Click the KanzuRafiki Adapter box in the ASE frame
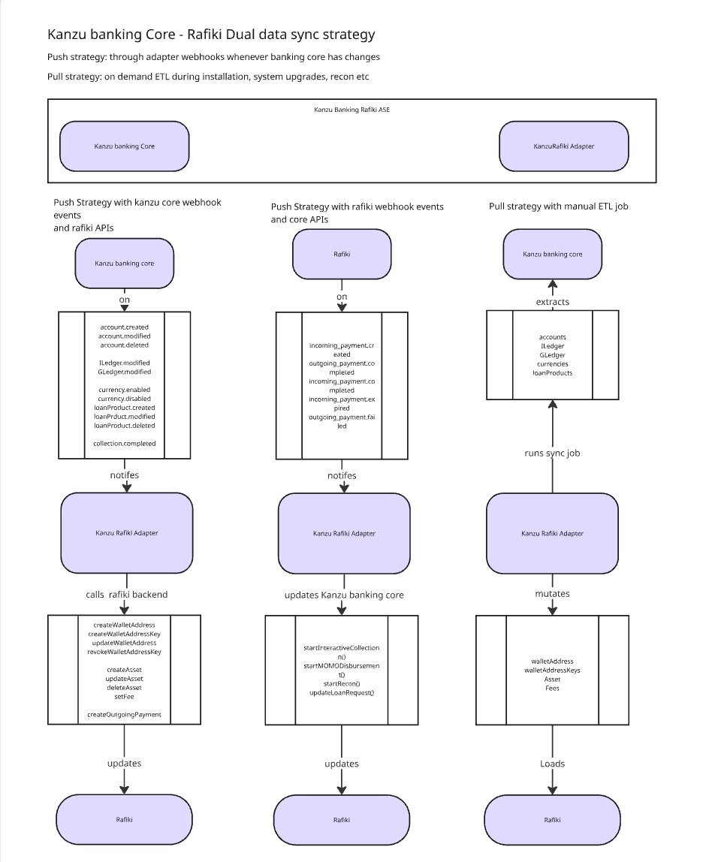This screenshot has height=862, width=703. (x=564, y=146)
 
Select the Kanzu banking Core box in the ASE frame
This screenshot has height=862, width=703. (x=125, y=146)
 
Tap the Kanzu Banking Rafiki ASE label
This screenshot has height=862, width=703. (x=352, y=110)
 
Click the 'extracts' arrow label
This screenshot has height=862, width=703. (x=552, y=302)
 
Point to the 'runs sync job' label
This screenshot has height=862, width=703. (x=552, y=453)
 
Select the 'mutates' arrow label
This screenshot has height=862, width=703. (x=552, y=594)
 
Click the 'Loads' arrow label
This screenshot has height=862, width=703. (x=552, y=764)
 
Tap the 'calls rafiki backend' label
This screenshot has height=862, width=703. (x=126, y=594)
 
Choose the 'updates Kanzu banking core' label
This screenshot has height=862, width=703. (x=344, y=595)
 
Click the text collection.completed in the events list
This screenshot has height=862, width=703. (x=125, y=444)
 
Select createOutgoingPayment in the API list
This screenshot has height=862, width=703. (x=125, y=715)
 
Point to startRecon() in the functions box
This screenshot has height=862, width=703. (x=342, y=684)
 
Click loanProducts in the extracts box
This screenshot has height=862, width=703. (x=552, y=372)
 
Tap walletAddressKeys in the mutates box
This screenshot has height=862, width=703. (x=552, y=670)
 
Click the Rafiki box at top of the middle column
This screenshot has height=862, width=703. (x=342, y=254)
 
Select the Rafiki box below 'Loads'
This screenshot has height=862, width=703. (x=552, y=820)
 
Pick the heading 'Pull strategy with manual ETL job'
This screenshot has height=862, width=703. (x=558, y=206)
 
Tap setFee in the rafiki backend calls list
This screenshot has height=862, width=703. (x=125, y=697)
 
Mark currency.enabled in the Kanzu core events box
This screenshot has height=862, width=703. (x=125, y=390)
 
